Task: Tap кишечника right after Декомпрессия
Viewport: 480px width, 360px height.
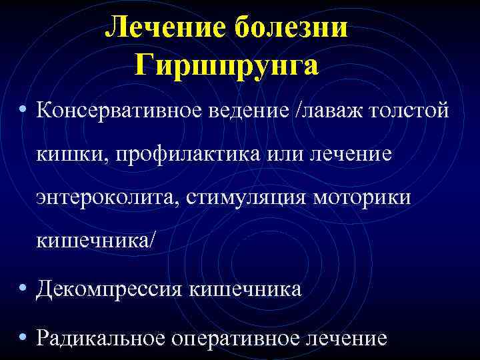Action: (245, 290)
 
